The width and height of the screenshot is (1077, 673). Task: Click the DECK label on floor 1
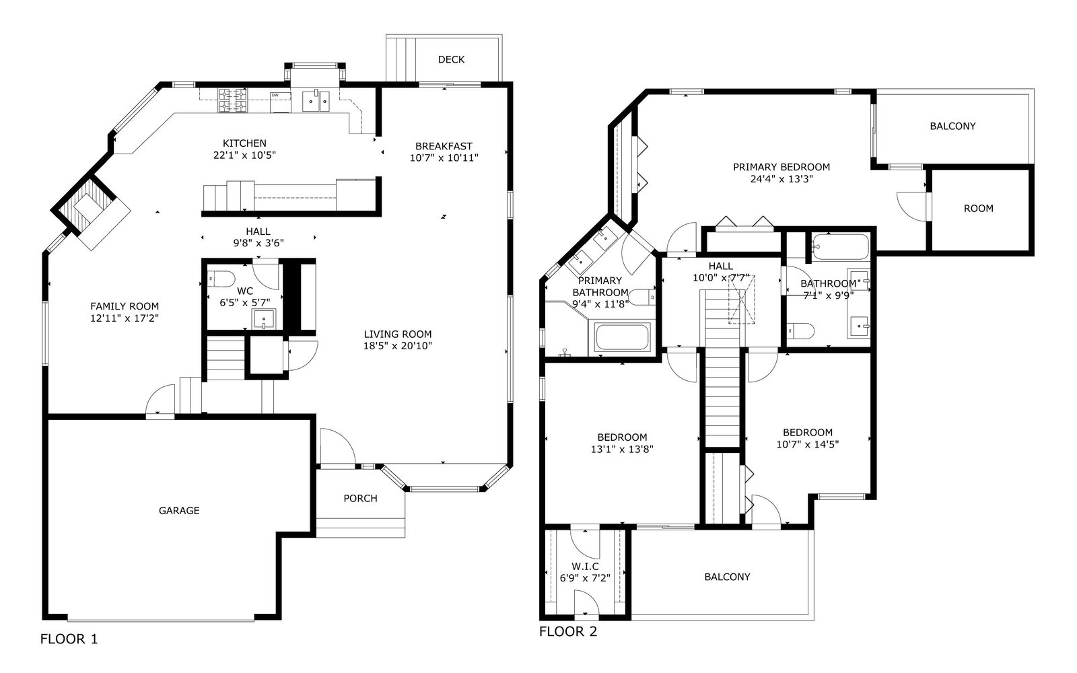click(451, 60)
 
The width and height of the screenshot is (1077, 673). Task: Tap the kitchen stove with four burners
click(233, 100)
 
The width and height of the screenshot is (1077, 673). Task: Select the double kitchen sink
click(316, 101)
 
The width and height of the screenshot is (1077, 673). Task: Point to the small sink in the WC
click(265, 319)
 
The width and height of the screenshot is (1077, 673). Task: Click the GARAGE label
click(179, 511)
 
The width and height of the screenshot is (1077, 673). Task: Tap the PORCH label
click(360, 499)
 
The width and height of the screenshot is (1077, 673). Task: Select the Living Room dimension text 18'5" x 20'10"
click(398, 346)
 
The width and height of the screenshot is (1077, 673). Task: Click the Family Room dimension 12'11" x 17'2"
click(125, 318)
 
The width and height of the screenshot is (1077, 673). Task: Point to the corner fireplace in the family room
click(91, 211)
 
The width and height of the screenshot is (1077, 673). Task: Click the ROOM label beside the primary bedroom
click(979, 209)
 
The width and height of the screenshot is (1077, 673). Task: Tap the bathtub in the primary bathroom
click(623, 337)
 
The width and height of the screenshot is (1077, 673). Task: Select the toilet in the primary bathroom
click(642, 297)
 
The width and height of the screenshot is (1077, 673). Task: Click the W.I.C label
click(585, 566)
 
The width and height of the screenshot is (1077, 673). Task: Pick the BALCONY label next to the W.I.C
click(727, 577)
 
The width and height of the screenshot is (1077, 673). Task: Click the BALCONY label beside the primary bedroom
click(952, 126)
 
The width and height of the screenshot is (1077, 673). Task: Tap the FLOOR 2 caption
click(568, 632)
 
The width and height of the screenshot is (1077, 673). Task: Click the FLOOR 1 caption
click(69, 639)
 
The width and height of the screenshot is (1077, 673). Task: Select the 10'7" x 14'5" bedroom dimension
click(807, 444)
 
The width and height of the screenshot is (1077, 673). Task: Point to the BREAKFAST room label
click(444, 146)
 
